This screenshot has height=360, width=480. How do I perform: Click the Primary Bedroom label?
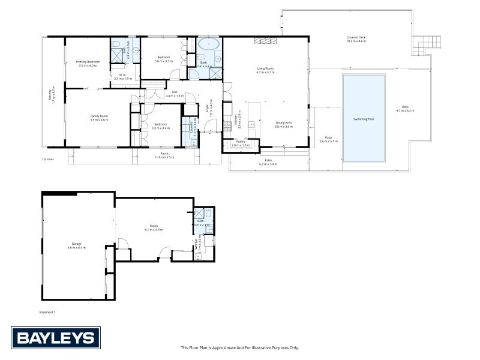[x=88, y=62]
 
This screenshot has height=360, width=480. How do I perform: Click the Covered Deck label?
[x=356, y=38]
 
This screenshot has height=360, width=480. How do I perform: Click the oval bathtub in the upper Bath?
[x=209, y=44]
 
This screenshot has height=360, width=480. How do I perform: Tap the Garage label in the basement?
[x=74, y=244]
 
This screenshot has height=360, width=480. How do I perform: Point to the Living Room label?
[x=265, y=69]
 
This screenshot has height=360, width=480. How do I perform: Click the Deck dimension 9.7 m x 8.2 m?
[x=405, y=110]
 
